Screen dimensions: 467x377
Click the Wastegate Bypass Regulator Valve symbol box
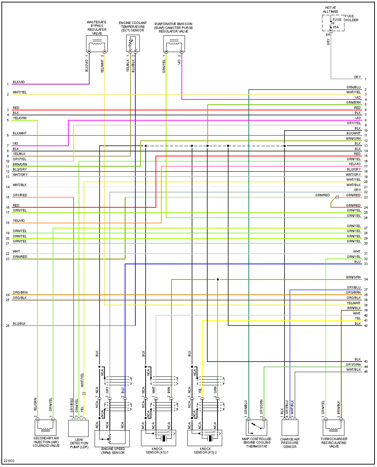coord(97,44)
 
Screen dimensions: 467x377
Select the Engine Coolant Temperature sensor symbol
coord(133,44)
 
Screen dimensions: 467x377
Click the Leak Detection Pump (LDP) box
coord(78,428)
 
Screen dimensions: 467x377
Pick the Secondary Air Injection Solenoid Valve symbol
coord(46,427)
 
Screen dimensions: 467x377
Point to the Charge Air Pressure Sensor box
coord(290,428)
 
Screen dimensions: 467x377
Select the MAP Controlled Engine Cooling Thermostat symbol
coord(257,428)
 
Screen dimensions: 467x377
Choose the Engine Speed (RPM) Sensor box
coord(112,438)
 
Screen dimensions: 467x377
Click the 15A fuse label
coord(336,27)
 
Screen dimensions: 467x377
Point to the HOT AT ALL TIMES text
coord(331,10)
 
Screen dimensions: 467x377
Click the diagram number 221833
coord(9,461)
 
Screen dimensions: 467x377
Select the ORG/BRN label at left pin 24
coord(20,293)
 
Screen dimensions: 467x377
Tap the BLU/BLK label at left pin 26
coord(19,324)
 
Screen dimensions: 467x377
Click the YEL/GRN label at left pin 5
coord(20,118)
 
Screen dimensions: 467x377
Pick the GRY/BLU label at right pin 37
coord(354,288)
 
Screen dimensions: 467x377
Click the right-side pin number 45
coord(366,372)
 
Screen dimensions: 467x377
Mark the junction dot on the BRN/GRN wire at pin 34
coord(218,279)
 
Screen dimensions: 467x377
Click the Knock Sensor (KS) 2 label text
coord(205,450)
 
